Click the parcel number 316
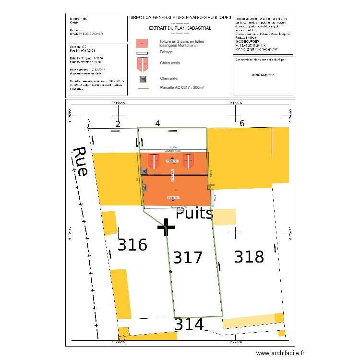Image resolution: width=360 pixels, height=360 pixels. click(132, 245)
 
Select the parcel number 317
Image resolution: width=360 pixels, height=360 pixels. click(188, 258)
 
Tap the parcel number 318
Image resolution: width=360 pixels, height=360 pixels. click(249, 257)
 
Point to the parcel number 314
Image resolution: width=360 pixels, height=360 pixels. click(189, 325)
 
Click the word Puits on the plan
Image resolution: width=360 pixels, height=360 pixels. click(194, 213)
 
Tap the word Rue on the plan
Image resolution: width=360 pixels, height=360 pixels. click(80, 162)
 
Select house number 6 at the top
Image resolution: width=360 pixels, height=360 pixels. click(242, 123)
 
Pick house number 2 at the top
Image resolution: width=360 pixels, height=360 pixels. click(117, 124)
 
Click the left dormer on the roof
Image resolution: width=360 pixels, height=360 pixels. click(153, 161)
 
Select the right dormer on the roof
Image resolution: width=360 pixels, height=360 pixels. click(188, 161)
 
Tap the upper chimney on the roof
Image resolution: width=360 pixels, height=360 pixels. click(144, 171)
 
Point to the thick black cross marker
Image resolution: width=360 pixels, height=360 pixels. click(166, 228)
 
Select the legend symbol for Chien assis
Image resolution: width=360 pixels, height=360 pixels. click(142, 64)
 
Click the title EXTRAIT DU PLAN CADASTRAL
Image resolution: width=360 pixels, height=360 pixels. click(180, 28)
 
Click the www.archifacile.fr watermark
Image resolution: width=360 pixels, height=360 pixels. click(280, 353)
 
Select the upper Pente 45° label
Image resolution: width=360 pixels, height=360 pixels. click(172, 161)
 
